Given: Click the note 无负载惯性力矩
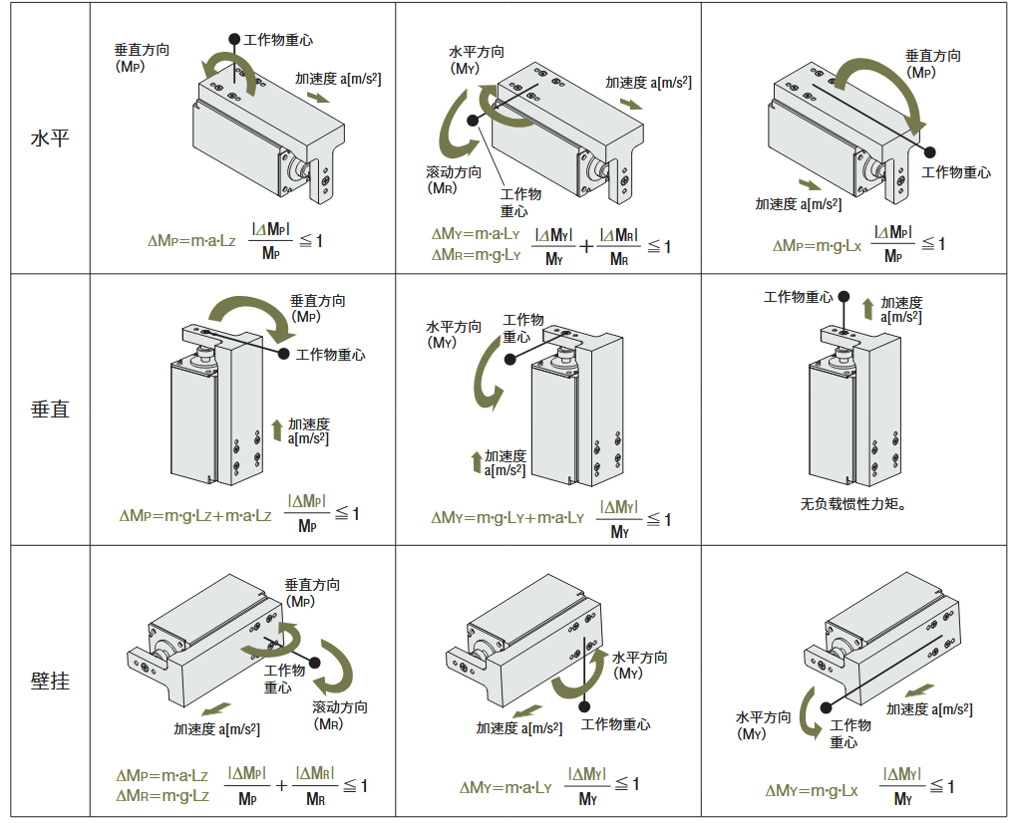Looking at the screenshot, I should point(853,504).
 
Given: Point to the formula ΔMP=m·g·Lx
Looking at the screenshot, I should point(817,245).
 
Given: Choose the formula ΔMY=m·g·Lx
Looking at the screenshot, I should point(811,790).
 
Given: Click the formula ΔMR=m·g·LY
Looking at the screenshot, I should point(476,254).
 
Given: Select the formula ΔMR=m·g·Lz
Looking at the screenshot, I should point(163,795).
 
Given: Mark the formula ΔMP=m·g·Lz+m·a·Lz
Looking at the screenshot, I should point(195,515).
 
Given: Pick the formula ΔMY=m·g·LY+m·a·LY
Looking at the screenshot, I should point(508,518).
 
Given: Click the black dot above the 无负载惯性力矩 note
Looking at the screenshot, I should point(844,297).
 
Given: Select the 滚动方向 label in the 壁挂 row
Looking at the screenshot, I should point(340,714).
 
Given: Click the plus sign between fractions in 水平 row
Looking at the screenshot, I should point(587,246).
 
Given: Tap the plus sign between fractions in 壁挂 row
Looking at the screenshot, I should point(281,785).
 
